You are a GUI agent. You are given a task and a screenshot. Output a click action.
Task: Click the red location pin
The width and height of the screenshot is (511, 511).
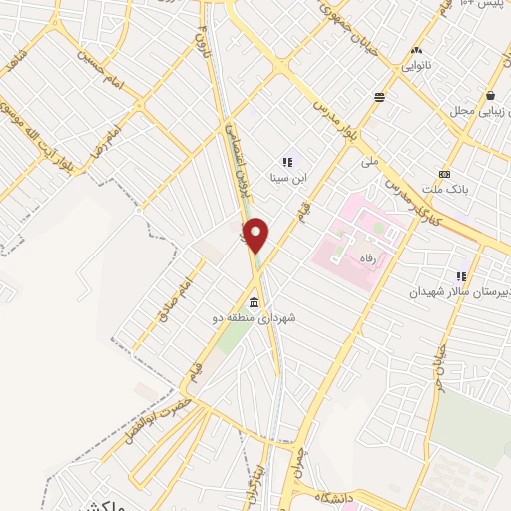click(256, 235)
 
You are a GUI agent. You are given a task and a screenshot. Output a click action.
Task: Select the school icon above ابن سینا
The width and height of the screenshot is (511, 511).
click(288, 162)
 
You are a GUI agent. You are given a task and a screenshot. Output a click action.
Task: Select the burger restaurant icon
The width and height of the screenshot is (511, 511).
click(380, 98)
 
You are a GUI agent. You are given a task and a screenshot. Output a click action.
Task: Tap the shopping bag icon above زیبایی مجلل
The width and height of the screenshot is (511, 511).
click(491, 96)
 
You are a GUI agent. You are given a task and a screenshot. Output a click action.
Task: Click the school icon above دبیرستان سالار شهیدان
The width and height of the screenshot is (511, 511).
click(461, 276)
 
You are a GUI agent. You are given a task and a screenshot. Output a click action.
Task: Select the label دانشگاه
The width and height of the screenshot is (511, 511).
click(337, 496)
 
